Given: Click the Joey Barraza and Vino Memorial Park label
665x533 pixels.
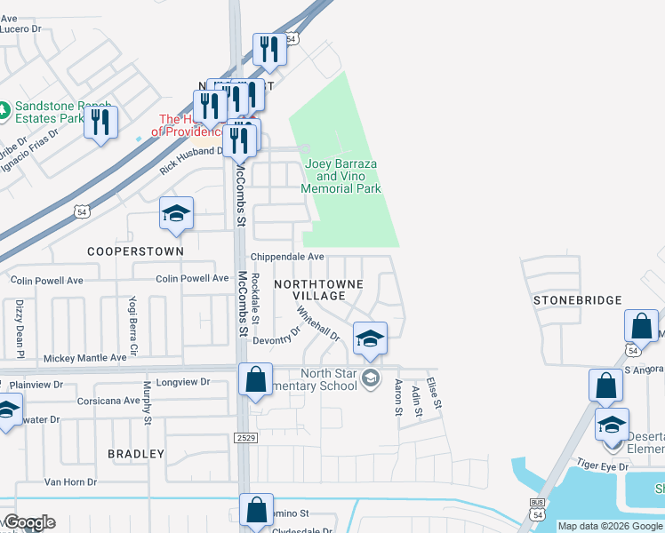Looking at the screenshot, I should click(341, 177).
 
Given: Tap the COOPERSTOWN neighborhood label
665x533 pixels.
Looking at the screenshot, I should click(135, 251).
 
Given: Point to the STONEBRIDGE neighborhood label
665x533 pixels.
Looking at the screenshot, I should click(577, 300).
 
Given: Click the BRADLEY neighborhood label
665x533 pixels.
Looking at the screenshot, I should click(136, 454).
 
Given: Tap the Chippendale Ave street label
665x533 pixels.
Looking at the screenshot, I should click(286, 257).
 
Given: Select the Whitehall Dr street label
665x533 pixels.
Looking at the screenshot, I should click(317, 324).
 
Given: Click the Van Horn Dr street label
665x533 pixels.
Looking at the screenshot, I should click(70, 481).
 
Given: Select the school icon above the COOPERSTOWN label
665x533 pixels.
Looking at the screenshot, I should click(176, 214).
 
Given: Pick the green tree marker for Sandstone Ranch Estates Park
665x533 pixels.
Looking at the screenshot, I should click(5, 111).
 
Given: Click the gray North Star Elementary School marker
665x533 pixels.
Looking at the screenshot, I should click(371, 380).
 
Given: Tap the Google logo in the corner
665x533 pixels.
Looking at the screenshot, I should click(28, 522).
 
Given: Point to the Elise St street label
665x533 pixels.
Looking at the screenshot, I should click(434, 392).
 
